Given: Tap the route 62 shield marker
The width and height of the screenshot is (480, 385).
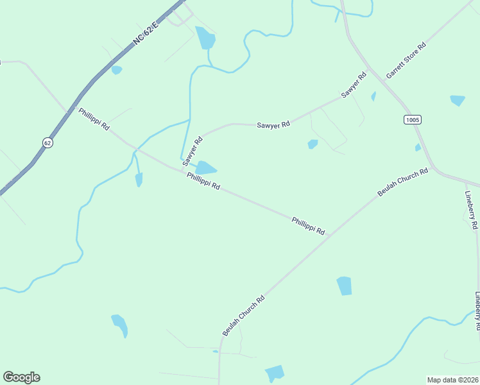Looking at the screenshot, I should tap(47, 142).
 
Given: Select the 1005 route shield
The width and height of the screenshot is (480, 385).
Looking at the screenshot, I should tap(413, 120).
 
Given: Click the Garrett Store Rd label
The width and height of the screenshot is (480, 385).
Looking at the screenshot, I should tap(406, 62).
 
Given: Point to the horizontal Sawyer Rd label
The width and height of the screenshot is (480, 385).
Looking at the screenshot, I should tap(273, 124).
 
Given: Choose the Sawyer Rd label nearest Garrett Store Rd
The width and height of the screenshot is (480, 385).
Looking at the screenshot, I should tap(354, 85).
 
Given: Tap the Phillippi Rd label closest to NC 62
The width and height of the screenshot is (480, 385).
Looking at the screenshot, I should tap(94, 119).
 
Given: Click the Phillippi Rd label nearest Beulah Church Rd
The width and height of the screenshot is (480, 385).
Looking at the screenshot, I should tap(308, 225).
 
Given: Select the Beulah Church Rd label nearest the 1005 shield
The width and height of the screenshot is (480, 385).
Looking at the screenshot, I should tap(402, 183).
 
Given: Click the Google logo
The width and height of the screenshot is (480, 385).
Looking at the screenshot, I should tap(21, 377).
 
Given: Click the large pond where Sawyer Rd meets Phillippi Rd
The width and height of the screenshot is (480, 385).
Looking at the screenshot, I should tap(205, 168).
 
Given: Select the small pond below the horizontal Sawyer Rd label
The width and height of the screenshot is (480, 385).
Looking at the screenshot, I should tap(313, 144).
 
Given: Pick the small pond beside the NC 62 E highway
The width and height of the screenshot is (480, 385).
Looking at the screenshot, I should tap(116, 70).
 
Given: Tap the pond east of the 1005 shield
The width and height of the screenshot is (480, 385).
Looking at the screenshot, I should tap(458, 100).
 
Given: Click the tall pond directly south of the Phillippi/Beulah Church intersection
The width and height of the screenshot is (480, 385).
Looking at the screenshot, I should tap(345, 286).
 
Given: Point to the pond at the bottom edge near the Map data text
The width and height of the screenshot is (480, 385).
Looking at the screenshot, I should tap(275, 372).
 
